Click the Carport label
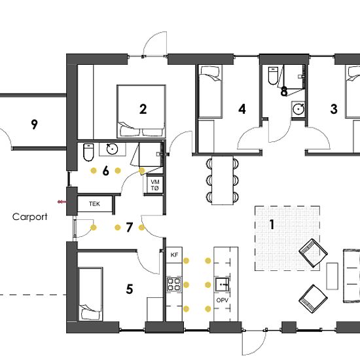tap(30, 217)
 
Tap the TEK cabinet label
tap(94, 204)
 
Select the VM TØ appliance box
tap(155, 185)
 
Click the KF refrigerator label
tap(174, 255)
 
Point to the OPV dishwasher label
tap(223, 300)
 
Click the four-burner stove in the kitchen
tap(174, 285)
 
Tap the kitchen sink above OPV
tap(222, 285)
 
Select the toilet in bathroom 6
tap(88, 153)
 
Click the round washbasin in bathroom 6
tap(113, 149)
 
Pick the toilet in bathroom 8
tap(273, 75)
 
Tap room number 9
tap(34, 124)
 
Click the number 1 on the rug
tap(272, 225)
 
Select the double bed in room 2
tap(141, 111)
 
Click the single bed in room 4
tap(210, 92)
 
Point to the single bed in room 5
tap(90, 294)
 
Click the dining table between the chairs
tap(223, 180)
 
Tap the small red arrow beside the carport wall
tap(62, 202)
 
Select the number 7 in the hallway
tap(129, 227)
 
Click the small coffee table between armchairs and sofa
tap(332, 276)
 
